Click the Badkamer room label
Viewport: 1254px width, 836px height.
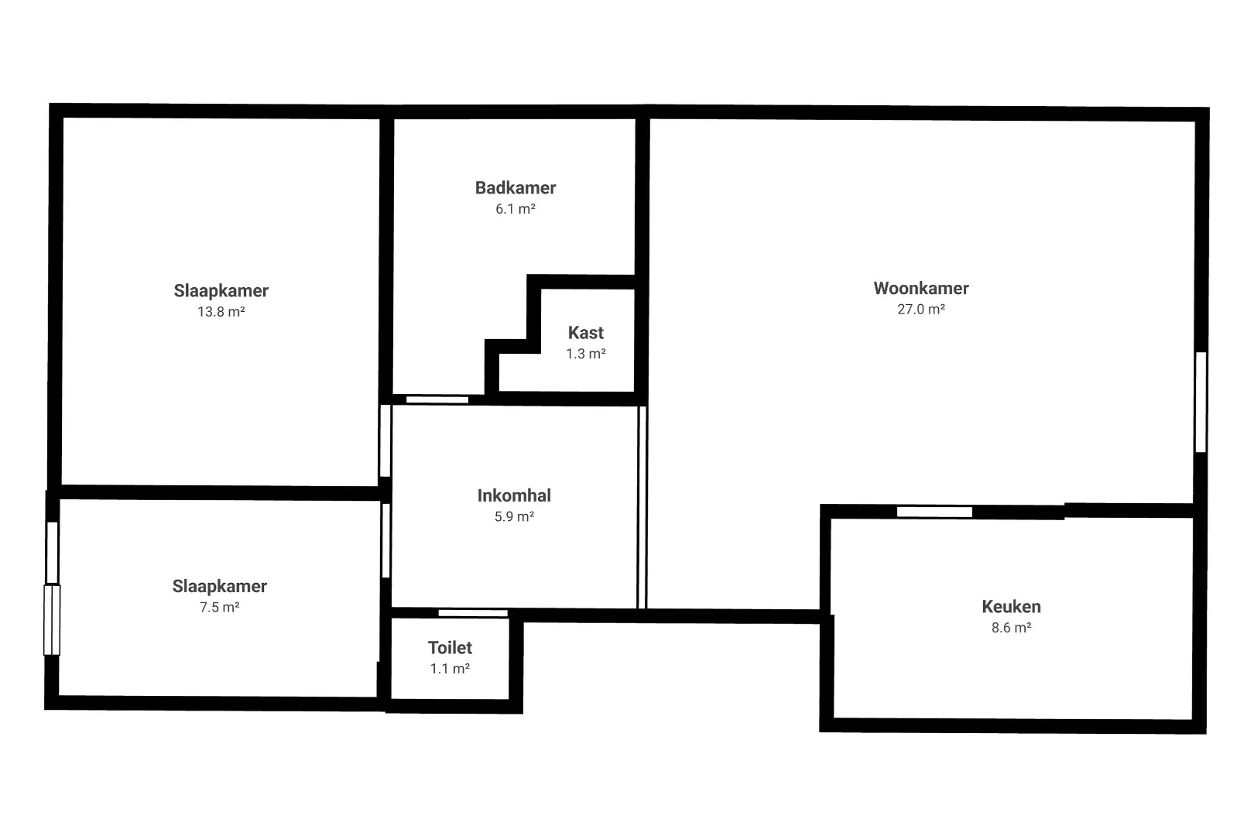[x=515, y=188]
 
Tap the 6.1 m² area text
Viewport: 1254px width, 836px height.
[x=515, y=209]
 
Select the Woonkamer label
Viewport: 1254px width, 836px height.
[x=921, y=289]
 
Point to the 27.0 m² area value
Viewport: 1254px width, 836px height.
[x=921, y=309]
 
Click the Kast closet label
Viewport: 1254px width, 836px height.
[x=585, y=333]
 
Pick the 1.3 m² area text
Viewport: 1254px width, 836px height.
[x=585, y=354]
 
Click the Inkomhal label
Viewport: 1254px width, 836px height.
[x=514, y=495]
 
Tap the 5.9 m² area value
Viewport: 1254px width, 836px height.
[x=514, y=516]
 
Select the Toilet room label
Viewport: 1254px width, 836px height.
[x=450, y=648]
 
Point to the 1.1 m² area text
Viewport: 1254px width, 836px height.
[x=450, y=669]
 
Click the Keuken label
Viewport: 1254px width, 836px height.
[x=1011, y=606]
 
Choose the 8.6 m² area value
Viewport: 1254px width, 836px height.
[x=1011, y=628]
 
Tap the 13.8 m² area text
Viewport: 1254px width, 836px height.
[x=221, y=312]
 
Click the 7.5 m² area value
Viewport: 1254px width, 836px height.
[x=220, y=608]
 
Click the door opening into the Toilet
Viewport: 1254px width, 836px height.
[x=472, y=613]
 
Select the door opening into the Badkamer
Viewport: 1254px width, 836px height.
[x=437, y=399]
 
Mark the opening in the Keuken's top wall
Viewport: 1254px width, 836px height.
[x=934, y=512]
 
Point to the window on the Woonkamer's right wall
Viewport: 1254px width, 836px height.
[x=1201, y=402]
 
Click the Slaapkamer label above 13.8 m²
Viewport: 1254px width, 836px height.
[x=221, y=291]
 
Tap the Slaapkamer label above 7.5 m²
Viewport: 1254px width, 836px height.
[x=220, y=586]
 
